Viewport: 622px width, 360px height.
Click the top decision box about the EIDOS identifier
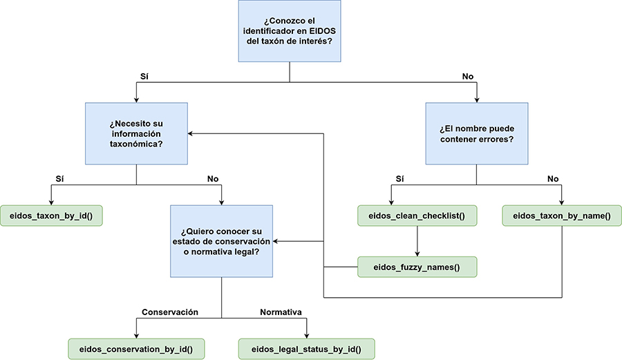pos(290,31)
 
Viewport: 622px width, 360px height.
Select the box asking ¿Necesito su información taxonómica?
pos(136,133)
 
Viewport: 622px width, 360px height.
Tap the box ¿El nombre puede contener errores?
pos(476,133)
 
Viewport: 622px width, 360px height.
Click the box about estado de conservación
pos(221,241)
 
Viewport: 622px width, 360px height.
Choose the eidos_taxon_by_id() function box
pos(51,216)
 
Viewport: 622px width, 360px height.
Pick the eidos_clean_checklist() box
pos(417,216)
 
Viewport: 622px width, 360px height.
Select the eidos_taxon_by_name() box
pos(561,216)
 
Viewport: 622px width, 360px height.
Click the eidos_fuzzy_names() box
pos(417,267)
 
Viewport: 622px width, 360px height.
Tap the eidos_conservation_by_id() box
pos(137,348)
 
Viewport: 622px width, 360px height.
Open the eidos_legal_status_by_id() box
pos(307,348)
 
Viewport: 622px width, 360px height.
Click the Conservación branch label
pos(170,312)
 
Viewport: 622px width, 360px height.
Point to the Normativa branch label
pos(281,312)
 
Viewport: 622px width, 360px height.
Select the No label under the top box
pos(468,76)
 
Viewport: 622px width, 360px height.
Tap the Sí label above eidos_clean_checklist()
pos(399,179)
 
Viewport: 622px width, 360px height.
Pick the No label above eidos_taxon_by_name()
pos(553,179)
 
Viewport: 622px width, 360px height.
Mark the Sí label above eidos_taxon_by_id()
pos(59,179)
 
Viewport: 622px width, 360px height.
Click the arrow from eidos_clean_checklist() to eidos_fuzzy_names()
pos(417,241)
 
